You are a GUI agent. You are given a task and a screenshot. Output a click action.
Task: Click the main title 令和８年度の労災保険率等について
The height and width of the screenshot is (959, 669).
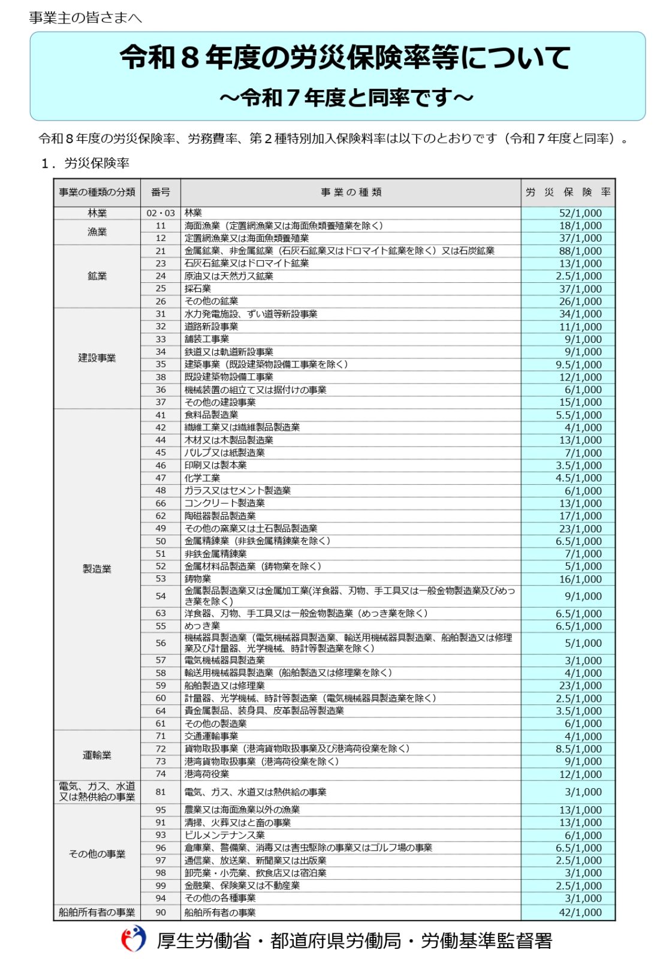(345, 59)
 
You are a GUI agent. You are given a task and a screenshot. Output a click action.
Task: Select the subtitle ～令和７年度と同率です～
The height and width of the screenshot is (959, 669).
(346, 97)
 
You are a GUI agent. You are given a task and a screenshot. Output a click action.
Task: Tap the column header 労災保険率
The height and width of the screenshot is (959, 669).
(568, 192)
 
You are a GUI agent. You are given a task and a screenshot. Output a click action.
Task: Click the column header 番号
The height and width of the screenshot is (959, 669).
(160, 192)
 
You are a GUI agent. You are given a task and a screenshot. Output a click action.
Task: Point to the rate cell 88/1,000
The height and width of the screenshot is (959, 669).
(580, 251)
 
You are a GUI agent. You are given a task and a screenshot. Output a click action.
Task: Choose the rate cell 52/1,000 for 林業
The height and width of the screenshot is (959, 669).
(580, 213)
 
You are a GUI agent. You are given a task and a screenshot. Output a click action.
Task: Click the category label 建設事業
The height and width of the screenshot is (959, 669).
(97, 358)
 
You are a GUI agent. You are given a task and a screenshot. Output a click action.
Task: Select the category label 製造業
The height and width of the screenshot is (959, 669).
(97, 569)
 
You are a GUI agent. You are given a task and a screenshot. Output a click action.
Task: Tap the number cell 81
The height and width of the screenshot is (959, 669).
(160, 792)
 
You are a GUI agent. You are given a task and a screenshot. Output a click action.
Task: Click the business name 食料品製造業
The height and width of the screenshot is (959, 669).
(211, 415)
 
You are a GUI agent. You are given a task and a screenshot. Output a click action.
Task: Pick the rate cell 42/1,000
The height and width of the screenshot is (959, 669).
(580, 912)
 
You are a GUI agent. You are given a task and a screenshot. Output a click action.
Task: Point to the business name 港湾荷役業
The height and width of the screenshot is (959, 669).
(206, 774)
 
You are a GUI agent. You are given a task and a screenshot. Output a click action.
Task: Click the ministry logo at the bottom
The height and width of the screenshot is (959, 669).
(134, 939)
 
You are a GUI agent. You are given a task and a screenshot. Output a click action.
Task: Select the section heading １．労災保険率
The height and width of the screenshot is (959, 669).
(85, 163)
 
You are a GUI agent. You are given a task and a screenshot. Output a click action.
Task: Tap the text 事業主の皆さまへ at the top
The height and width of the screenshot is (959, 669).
(85, 18)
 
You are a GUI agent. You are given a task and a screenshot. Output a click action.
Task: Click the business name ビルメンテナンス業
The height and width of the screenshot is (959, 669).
(224, 835)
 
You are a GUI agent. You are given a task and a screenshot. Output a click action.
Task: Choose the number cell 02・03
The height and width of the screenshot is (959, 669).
(160, 213)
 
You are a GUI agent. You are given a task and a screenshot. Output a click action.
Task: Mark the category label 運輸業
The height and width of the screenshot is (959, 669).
(97, 755)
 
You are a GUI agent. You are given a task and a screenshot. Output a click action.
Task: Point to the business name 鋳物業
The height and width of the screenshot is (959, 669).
(198, 579)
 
